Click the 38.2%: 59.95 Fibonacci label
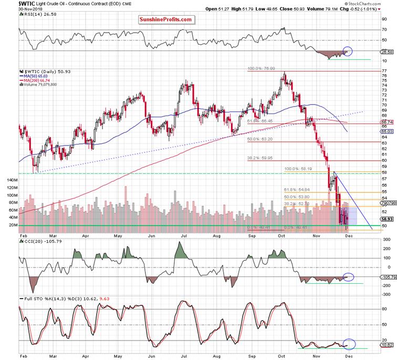click(259, 158)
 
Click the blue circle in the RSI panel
click(347, 52)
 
